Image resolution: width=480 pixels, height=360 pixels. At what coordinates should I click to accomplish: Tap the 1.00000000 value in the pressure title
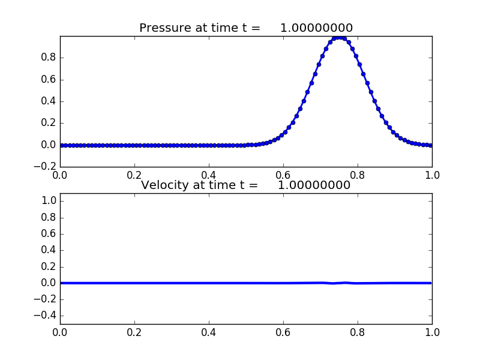click(316, 28)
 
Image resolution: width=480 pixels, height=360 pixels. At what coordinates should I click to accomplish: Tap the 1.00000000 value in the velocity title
click(314, 185)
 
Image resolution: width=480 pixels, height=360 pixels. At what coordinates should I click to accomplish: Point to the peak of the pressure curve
click(340, 37)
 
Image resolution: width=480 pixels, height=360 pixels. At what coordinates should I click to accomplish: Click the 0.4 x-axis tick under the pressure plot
click(209, 175)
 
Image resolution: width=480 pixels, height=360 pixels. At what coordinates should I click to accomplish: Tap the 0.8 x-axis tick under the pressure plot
click(358, 175)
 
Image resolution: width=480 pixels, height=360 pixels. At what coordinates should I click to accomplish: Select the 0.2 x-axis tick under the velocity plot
click(134, 332)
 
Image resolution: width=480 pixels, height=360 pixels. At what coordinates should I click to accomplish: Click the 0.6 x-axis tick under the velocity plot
click(283, 332)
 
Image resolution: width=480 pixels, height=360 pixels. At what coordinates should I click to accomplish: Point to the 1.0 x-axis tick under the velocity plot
click(432, 332)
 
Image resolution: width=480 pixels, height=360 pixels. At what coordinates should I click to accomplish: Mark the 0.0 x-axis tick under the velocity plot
click(60, 332)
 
